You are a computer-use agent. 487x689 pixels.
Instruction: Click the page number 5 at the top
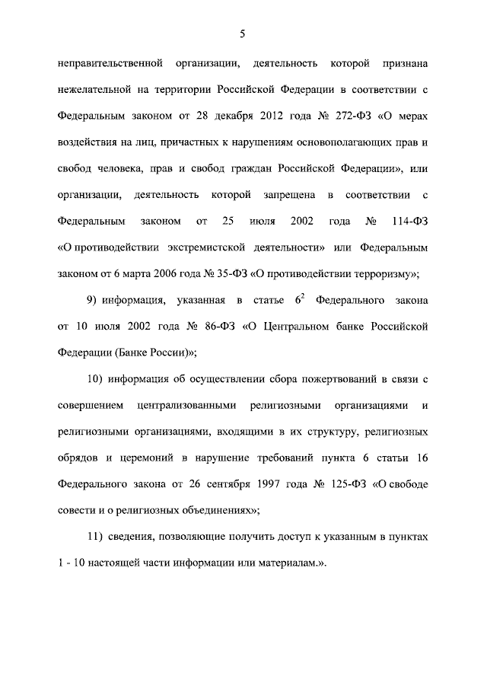[x=242, y=32]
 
